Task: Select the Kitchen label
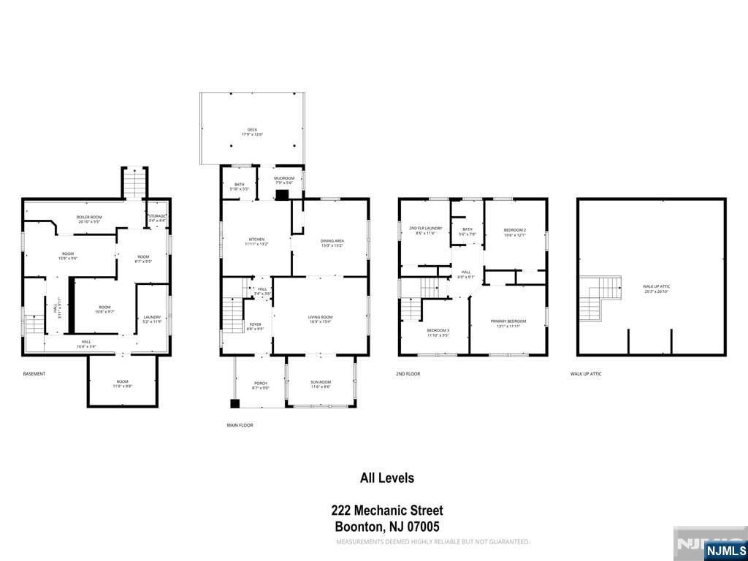[257, 242]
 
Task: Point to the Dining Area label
[332, 243]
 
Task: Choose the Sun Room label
[320, 385]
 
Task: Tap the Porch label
[261, 385]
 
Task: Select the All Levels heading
[387, 478]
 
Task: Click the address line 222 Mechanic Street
[387, 511]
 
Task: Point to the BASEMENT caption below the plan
[34, 374]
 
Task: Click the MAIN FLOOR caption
[240, 424]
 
